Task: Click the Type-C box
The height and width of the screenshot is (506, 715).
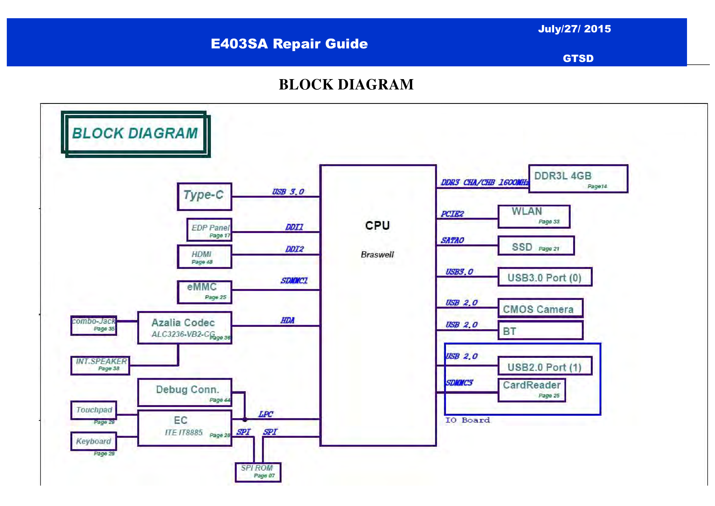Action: [x=204, y=197]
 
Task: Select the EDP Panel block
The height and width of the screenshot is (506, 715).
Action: [x=209, y=230]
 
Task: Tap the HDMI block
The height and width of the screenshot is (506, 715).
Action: [x=204, y=257]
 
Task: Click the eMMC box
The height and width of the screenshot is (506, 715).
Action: [x=204, y=292]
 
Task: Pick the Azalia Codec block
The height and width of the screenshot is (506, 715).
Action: [x=185, y=328]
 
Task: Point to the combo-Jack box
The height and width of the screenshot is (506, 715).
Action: [x=94, y=325]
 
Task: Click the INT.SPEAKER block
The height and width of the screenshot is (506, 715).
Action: [x=100, y=365]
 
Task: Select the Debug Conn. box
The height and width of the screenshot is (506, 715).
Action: [x=185, y=392]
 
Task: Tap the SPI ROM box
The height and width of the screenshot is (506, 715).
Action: [x=258, y=472]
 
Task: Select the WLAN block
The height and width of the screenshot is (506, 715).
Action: [x=534, y=216]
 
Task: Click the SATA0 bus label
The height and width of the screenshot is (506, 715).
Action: [x=452, y=240]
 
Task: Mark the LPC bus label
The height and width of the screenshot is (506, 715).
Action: [x=265, y=414]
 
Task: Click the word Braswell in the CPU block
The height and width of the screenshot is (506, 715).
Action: [x=377, y=254]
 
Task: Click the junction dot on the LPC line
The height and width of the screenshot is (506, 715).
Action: [x=245, y=419]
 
